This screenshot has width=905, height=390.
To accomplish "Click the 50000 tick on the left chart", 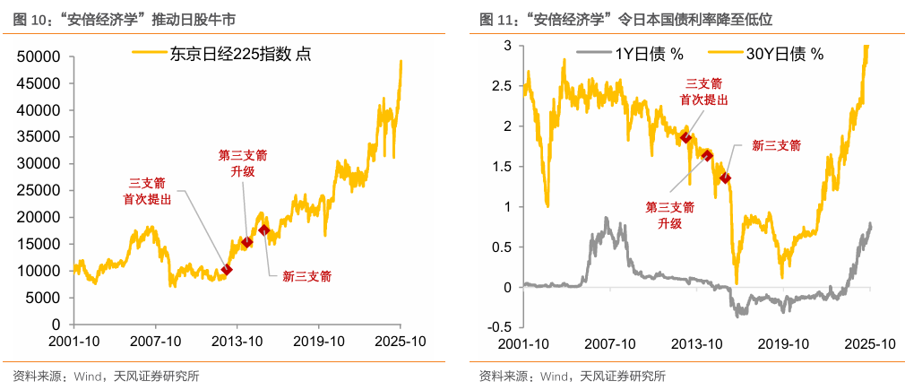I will (39, 56).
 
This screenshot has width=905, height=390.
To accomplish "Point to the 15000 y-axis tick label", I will (39, 244).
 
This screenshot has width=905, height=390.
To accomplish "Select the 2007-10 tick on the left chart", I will (155, 342).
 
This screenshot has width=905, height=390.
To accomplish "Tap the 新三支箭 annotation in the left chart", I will (306, 276).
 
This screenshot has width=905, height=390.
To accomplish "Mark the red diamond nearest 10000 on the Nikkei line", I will (227, 269).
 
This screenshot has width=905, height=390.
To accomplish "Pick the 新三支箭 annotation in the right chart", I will (776, 144).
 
